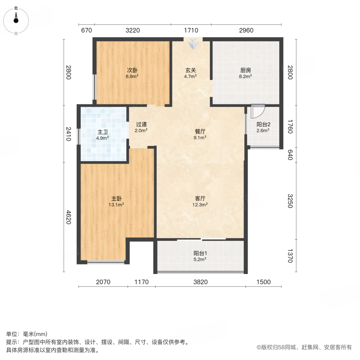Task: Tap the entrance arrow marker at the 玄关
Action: click(193, 44)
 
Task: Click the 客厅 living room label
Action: click(200, 198)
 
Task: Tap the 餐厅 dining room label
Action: click(200, 131)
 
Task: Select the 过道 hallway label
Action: click(141, 124)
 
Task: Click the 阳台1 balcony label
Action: click(200, 253)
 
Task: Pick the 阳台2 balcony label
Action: click(263, 124)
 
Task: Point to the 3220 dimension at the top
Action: click(132, 30)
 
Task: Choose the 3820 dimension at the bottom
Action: click(200, 282)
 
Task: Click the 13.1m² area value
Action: click(116, 205)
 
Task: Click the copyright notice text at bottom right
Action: click(304, 347)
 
